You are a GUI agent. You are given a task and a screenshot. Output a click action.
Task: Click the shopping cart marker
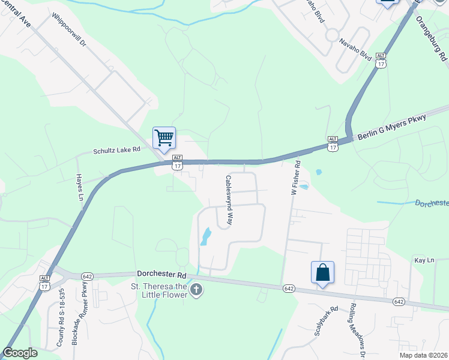coord(164,138)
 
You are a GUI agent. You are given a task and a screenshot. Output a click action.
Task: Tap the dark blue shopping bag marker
coord(322,272)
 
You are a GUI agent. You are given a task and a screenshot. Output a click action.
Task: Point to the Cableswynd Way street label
coord(229,200)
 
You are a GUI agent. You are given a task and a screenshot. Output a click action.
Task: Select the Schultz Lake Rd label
coord(116,150)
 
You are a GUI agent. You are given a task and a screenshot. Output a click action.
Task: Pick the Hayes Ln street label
coord(79,187)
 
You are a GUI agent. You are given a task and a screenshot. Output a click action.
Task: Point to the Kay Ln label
coord(424,260)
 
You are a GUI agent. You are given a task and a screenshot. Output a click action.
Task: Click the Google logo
coord(20,352)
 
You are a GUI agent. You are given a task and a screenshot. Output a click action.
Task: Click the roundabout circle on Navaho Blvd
coord(331,35)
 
